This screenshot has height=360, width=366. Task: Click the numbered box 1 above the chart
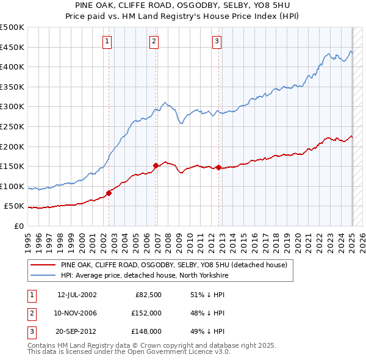[107, 41]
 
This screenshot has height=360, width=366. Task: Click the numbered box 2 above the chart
[154, 41]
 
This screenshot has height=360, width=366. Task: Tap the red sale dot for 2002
[109, 193]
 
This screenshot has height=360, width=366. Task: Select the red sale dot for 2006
[156, 165]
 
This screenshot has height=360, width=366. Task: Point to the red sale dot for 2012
[219, 167]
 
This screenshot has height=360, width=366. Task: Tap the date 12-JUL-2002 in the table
[77, 295]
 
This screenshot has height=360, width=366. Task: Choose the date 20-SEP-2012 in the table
[77, 332]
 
